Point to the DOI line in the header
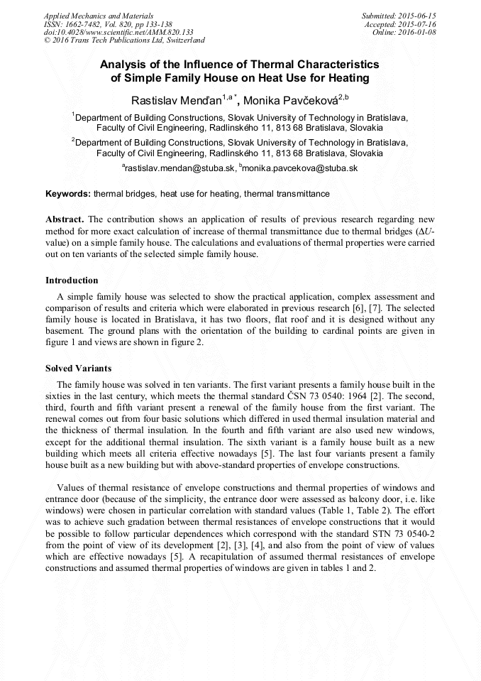(x=118, y=32)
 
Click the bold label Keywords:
(x=68, y=193)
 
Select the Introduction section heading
(x=72, y=280)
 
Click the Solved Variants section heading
(x=78, y=369)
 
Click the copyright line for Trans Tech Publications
(x=124, y=40)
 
